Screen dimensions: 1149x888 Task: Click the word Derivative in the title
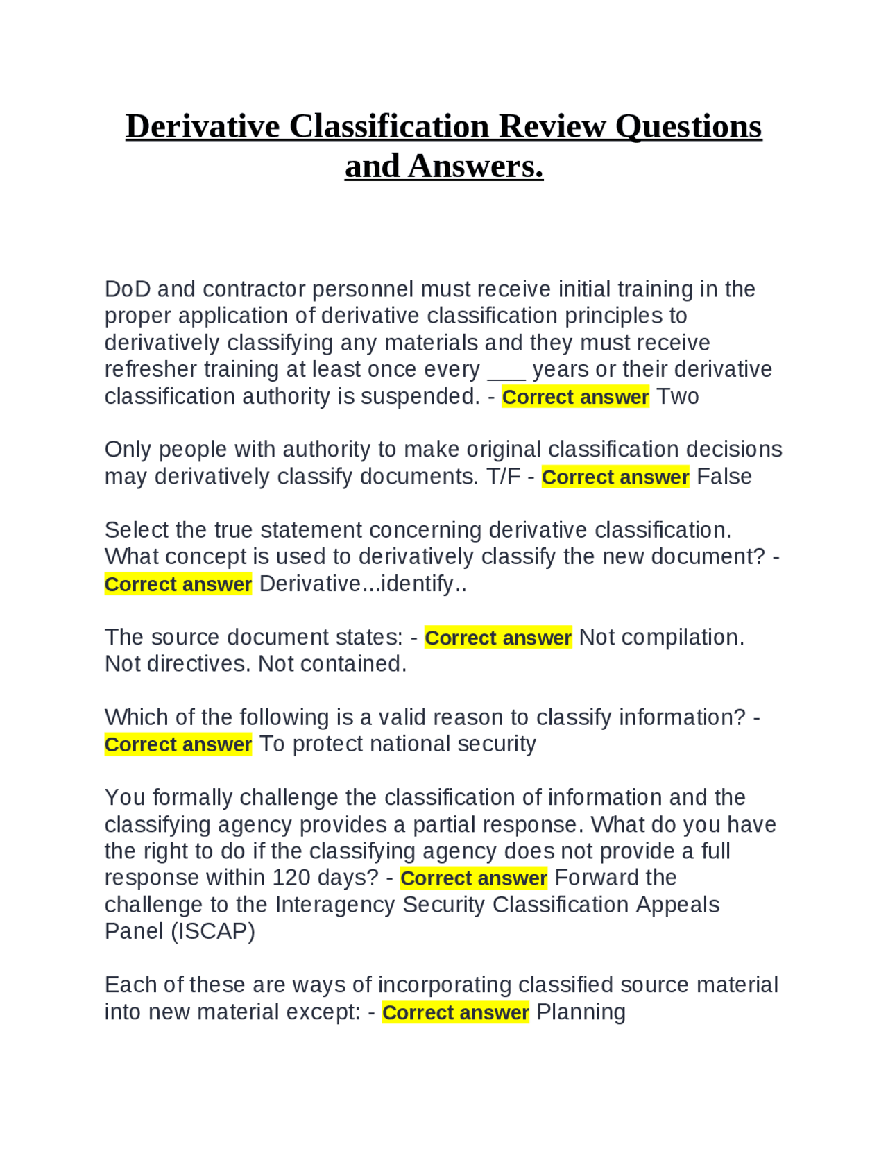pos(203,126)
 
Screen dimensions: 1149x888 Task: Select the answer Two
pos(678,397)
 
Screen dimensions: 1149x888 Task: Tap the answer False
pos(724,477)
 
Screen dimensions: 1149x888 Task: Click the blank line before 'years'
pos(506,371)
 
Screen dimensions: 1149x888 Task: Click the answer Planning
pos(581,1012)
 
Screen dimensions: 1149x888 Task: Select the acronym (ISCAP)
pos(214,931)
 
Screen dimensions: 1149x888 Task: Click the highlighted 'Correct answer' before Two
pos(575,397)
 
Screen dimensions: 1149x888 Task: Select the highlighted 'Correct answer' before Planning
pos(455,1012)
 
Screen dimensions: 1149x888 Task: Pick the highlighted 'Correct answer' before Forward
pos(474,878)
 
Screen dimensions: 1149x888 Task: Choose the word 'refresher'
pos(147,370)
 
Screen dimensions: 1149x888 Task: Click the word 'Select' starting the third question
pos(137,531)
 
